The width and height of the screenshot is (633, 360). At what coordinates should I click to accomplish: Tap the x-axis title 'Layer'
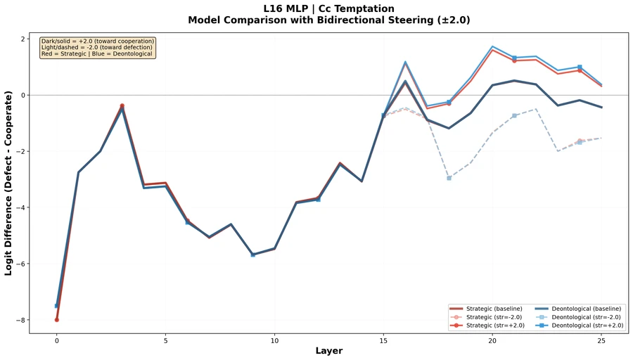[328, 350]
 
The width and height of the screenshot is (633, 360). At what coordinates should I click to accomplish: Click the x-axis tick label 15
[383, 340]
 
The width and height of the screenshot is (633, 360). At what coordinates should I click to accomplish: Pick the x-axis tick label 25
[601, 340]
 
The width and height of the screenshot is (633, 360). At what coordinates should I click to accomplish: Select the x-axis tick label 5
[165, 340]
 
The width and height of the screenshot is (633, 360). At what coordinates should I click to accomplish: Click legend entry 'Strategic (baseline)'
[492, 309]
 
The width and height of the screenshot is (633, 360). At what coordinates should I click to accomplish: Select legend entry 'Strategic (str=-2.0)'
[492, 317]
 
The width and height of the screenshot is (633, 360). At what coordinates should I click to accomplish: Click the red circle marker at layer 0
[57, 320]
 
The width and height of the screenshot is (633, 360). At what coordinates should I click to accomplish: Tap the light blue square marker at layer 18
[449, 178]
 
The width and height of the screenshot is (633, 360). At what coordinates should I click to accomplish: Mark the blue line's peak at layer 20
[492, 46]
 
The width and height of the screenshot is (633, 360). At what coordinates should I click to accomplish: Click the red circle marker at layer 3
[122, 105]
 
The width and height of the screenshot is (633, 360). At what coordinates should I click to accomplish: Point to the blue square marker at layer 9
[252, 255]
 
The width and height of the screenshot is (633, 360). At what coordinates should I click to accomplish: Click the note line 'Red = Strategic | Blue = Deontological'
[97, 54]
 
